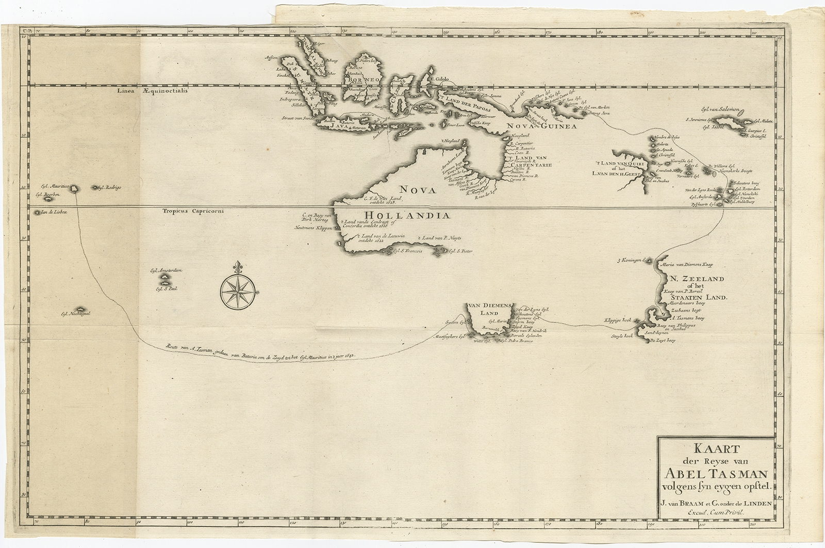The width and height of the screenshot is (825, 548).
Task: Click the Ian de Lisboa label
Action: [55, 212]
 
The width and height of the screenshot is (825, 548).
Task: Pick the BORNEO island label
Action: [366, 80]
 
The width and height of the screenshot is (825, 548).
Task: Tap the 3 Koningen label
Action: [629, 260]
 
